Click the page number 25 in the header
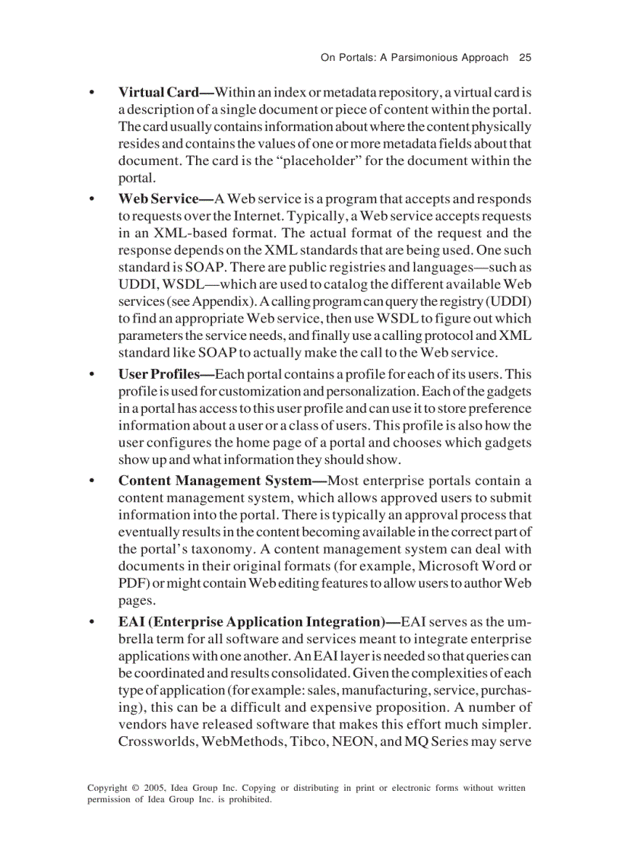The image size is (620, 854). (x=525, y=57)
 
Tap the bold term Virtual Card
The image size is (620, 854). (x=158, y=92)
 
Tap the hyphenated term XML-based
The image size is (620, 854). (x=182, y=233)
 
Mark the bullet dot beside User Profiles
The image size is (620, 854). (x=92, y=375)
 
